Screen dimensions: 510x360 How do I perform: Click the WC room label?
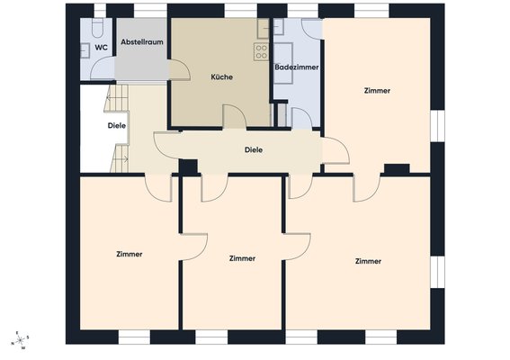(x=101, y=48)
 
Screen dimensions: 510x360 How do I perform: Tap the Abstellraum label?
(x=142, y=42)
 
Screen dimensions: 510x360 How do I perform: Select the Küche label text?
(x=222, y=77)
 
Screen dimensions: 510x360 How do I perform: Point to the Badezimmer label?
(x=297, y=67)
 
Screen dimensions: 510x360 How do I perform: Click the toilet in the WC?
(x=97, y=27)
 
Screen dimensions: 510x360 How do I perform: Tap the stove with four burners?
(x=261, y=52)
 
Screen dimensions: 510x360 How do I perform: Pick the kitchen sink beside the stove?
(x=264, y=29)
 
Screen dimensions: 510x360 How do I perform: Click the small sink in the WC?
(x=85, y=50)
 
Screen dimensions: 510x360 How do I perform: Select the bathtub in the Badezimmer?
(x=283, y=63)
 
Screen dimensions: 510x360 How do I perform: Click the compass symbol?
(x=21, y=340)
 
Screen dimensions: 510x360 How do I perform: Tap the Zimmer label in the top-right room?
(x=377, y=91)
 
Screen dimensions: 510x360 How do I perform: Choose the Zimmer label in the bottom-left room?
(x=130, y=254)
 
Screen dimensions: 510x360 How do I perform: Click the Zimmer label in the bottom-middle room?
(x=242, y=258)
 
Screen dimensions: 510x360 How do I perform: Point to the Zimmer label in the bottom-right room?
(x=368, y=261)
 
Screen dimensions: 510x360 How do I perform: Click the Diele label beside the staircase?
(x=117, y=126)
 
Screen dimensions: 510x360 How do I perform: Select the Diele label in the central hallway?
(x=254, y=150)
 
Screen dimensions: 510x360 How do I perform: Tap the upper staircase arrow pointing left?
(x=113, y=97)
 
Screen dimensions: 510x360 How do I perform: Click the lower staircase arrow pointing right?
(x=122, y=159)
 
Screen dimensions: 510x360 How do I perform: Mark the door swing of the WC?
(x=103, y=68)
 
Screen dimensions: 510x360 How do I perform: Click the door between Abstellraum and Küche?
(x=179, y=69)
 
